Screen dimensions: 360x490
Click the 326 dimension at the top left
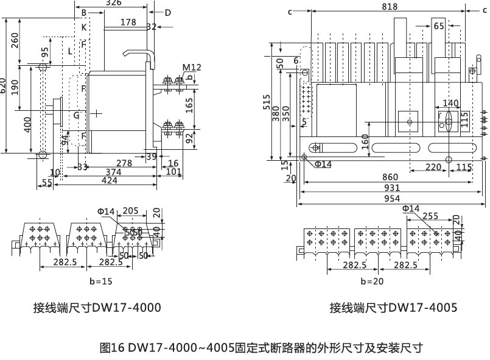click(x=113, y=3)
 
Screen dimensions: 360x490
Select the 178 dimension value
click(x=128, y=23)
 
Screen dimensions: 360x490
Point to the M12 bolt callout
click(x=191, y=67)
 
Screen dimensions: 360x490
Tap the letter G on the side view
click(x=77, y=115)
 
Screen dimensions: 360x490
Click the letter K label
click(x=84, y=27)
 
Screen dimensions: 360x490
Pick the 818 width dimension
click(x=390, y=7)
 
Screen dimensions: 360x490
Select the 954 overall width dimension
click(x=392, y=199)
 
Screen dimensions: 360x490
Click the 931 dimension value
click(x=392, y=188)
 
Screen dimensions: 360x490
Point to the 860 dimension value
click(x=390, y=177)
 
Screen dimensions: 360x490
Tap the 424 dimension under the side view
click(x=110, y=181)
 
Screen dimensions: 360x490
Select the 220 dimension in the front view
click(x=433, y=167)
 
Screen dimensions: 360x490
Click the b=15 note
click(x=100, y=281)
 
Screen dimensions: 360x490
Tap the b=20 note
click(x=372, y=281)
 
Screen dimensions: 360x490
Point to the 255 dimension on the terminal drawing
click(x=430, y=216)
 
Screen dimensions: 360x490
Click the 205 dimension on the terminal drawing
click(x=130, y=211)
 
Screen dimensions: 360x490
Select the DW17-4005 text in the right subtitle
click(x=422, y=308)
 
